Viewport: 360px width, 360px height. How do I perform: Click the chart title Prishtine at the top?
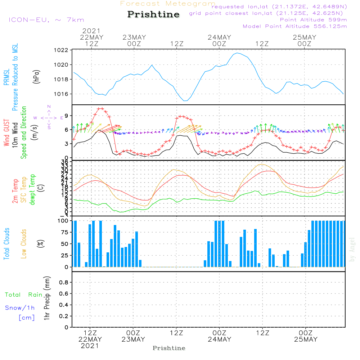tap(153, 14)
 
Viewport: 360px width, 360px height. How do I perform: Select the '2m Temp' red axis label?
tap(15, 191)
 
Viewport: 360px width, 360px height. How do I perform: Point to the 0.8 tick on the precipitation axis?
tap(63, 283)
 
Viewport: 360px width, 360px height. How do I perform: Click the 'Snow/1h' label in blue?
tap(20, 308)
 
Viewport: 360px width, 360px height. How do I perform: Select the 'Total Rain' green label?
tap(24, 295)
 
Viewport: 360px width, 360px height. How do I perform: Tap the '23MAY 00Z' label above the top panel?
tap(134, 40)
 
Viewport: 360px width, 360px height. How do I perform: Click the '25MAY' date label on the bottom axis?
tap(306, 339)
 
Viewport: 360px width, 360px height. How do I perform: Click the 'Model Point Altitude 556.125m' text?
tap(295, 26)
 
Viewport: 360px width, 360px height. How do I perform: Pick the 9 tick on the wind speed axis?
tap(67, 116)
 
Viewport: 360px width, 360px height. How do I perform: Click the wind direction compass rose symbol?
tap(49, 117)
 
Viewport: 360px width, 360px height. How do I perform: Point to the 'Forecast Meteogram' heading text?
tap(168, 4)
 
